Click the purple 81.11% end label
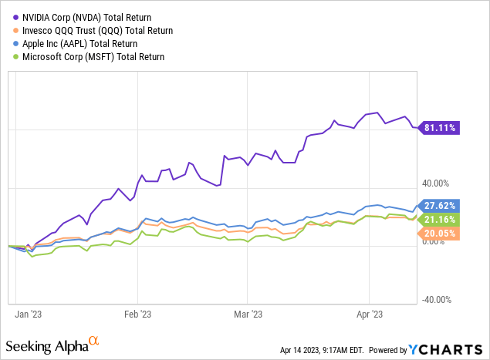tap(441, 127)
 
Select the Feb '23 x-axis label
tap(138, 315)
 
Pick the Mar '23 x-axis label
tap(247, 315)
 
